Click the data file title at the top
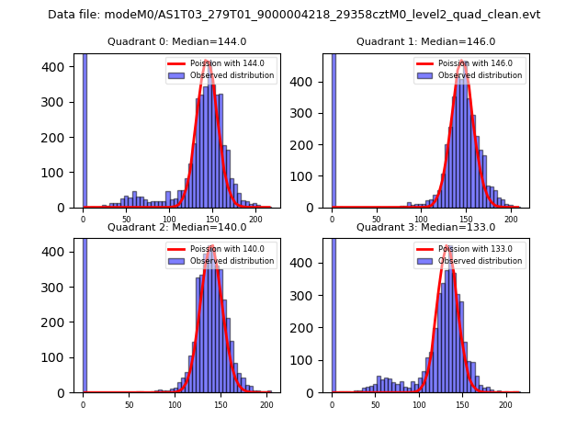[x=294, y=15]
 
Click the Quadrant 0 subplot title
[x=176, y=41]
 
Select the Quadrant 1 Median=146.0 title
[x=425, y=41]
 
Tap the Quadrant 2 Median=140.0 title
[x=176, y=227]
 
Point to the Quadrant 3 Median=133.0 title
[x=425, y=227]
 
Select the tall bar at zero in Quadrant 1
[x=334, y=130]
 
